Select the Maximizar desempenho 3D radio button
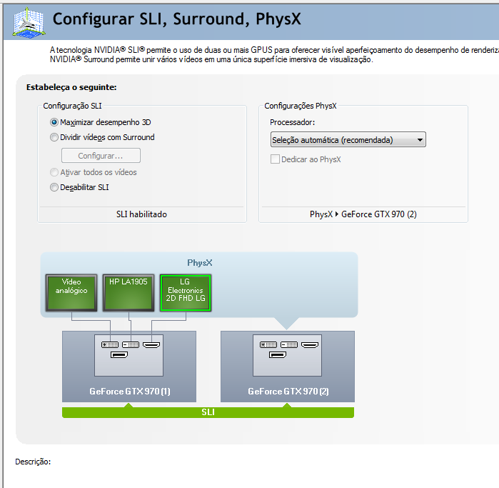(x=54, y=122)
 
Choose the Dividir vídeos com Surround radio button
(x=54, y=137)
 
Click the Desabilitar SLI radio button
(x=54, y=187)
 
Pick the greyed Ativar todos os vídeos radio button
(x=54, y=172)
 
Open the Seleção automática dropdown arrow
(x=420, y=140)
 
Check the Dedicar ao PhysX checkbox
(x=275, y=159)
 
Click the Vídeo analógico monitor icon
(x=71, y=293)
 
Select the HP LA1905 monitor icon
(x=128, y=293)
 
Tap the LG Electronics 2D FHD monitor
(x=186, y=293)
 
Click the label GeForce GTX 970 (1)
(x=130, y=391)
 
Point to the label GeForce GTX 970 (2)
(x=288, y=391)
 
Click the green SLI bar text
(x=208, y=412)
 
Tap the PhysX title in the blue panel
(x=200, y=263)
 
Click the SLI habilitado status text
(x=141, y=214)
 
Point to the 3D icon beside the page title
(x=29, y=22)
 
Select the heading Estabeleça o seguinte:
(x=71, y=87)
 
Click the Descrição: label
(x=33, y=462)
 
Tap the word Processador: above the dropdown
(x=293, y=122)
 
